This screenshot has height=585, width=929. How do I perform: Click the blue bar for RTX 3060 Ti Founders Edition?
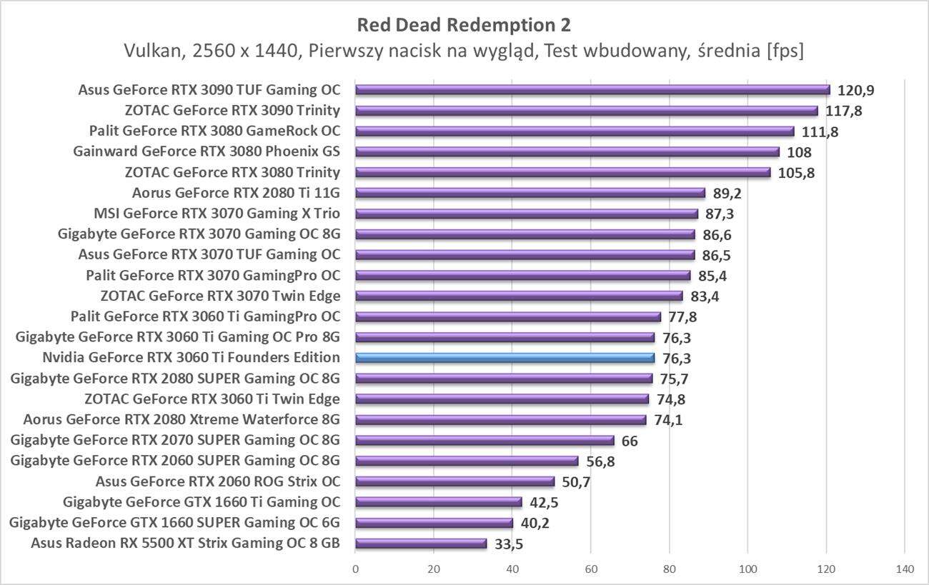(x=505, y=358)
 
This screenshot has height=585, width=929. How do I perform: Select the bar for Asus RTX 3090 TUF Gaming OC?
(x=592, y=90)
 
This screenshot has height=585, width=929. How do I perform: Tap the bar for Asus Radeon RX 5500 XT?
(x=421, y=544)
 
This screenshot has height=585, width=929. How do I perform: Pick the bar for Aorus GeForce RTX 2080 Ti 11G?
(x=530, y=193)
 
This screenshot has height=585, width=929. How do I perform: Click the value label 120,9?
(x=856, y=91)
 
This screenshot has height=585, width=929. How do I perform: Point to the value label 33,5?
(x=510, y=544)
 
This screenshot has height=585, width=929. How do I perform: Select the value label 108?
(x=799, y=153)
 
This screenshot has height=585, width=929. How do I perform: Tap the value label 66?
(x=630, y=441)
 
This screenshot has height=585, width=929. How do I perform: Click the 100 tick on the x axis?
(x=747, y=569)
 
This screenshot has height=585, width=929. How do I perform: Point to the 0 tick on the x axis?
(x=355, y=569)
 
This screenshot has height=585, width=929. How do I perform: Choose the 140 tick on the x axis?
(x=904, y=569)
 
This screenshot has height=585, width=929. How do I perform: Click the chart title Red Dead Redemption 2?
(x=464, y=26)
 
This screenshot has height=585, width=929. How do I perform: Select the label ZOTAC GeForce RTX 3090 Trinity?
(x=232, y=111)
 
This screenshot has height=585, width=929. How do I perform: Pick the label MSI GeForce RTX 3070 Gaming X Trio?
(x=217, y=214)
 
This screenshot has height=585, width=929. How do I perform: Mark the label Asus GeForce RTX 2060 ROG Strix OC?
(x=217, y=481)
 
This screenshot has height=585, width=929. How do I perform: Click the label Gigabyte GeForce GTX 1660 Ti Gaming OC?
(x=202, y=502)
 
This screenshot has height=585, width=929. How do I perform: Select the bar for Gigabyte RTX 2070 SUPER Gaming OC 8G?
(x=485, y=441)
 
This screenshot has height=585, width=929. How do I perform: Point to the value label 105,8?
(x=796, y=173)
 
